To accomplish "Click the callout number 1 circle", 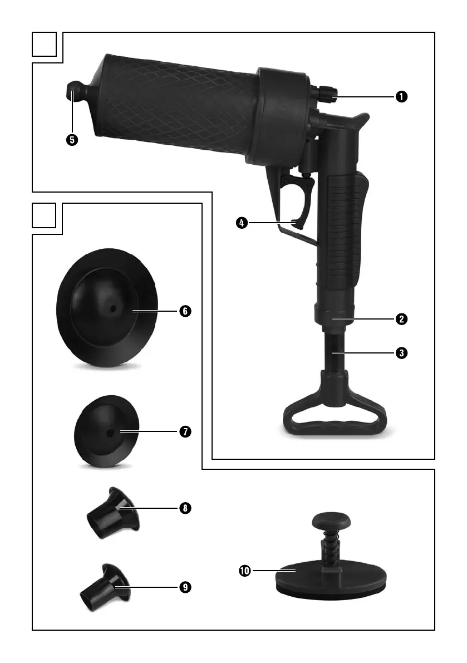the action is pyautogui.click(x=401, y=97).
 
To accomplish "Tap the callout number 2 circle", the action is pyautogui.click(x=401, y=319).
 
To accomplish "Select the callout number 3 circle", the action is pyautogui.click(x=401, y=352).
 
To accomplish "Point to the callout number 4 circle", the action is pyautogui.click(x=242, y=223).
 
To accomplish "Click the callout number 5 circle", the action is pyautogui.click(x=72, y=140).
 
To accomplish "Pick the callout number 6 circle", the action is pyautogui.click(x=185, y=311).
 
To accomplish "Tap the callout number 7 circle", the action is pyautogui.click(x=185, y=432).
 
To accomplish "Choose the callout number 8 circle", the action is pyautogui.click(x=185, y=508).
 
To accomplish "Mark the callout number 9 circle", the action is pyautogui.click(x=185, y=587).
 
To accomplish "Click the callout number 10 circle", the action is pyautogui.click(x=245, y=571).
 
